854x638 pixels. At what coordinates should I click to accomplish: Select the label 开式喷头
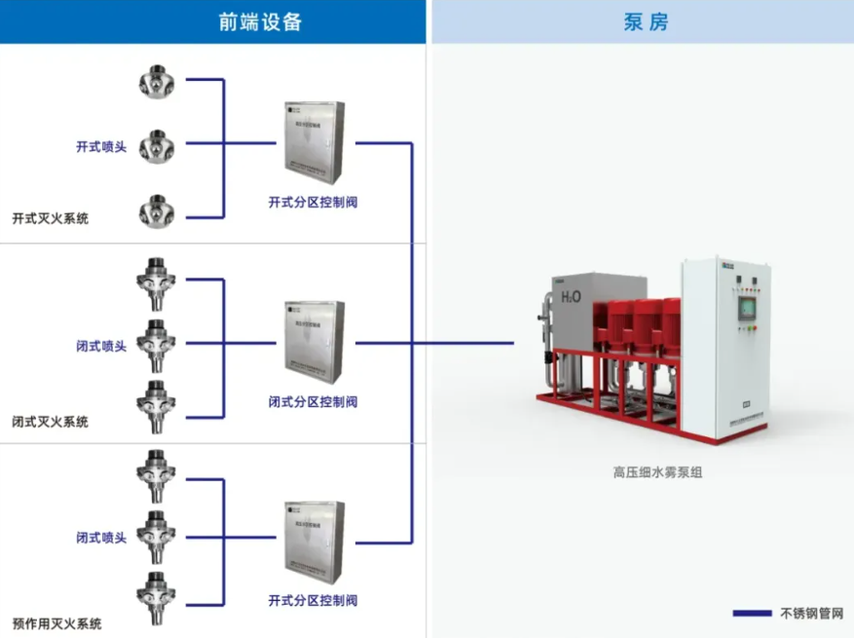[x=101, y=147]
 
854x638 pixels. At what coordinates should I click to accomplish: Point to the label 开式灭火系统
[x=50, y=218]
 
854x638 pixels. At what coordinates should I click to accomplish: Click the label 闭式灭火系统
[x=50, y=422]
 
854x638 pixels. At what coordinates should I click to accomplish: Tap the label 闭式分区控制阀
[x=313, y=401]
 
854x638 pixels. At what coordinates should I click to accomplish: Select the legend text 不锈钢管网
[x=811, y=614]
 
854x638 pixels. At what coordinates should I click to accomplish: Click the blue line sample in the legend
[x=753, y=614]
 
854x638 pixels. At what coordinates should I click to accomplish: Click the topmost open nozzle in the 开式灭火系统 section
[x=156, y=81]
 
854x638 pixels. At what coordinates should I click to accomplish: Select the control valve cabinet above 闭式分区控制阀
[x=314, y=342]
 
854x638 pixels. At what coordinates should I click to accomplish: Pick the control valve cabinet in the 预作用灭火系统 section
[x=314, y=542]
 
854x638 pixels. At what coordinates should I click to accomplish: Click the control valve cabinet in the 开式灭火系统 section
[x=314, y=142]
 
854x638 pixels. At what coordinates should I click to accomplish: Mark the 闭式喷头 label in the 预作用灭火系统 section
[x=101, y=538]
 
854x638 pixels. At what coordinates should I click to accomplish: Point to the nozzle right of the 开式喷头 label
[x=156, y=146]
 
